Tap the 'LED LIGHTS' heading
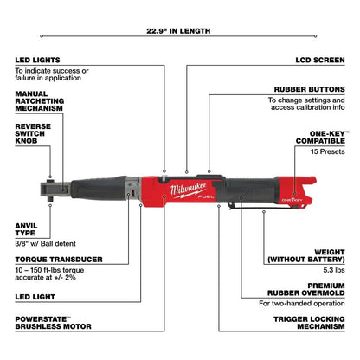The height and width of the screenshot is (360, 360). tap(38, 61)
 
